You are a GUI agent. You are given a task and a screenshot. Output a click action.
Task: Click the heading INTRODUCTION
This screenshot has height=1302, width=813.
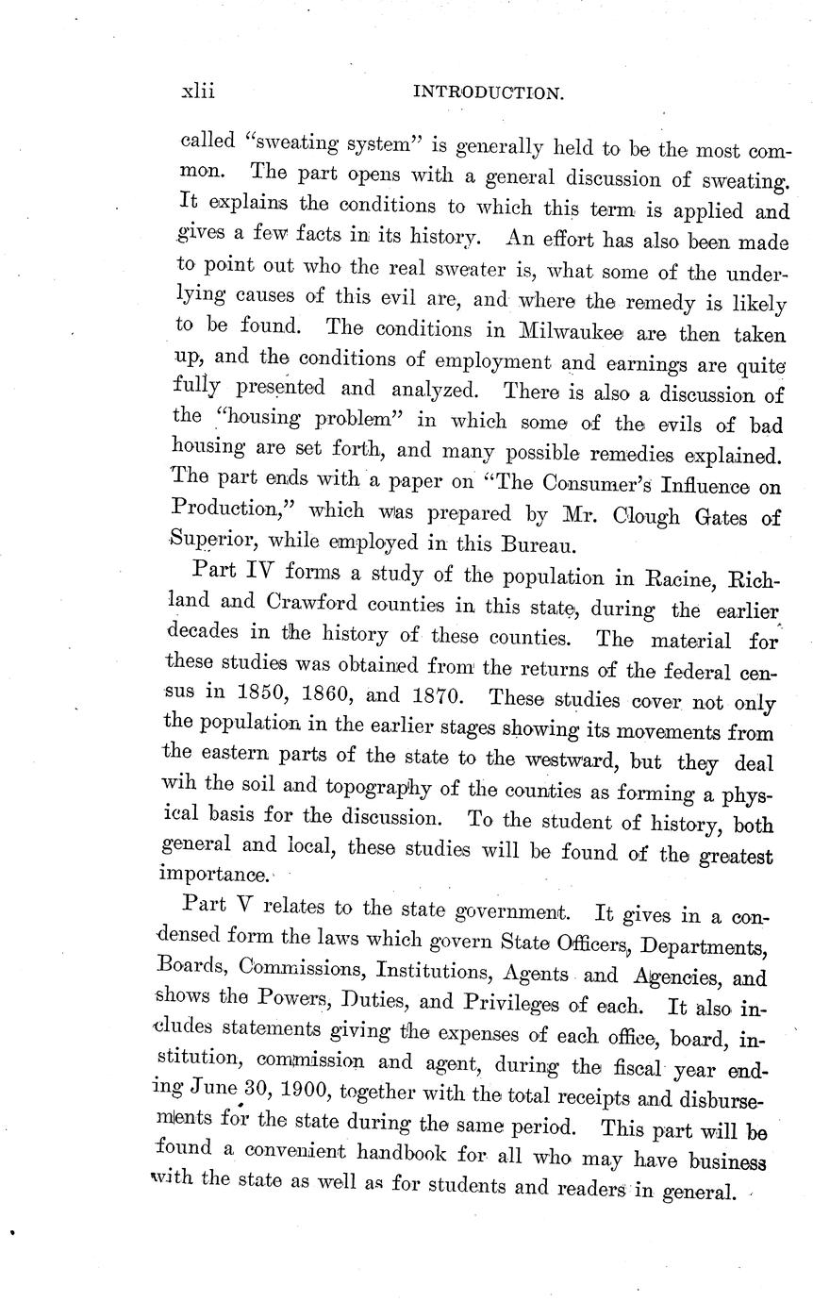(x=489, y=92)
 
